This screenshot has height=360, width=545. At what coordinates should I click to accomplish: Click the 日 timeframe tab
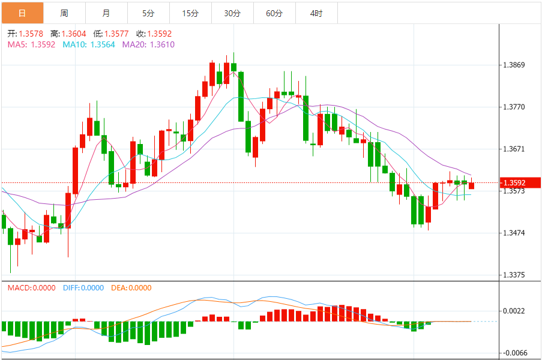[x=22, y=13]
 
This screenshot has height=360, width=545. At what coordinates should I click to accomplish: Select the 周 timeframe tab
[x=64, y=13]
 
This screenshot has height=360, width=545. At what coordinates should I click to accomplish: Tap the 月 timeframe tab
[x=106, y=13]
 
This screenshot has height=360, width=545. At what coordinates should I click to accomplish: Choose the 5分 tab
[x=148, y=13]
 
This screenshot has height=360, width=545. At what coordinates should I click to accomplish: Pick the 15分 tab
[x=190, y=13]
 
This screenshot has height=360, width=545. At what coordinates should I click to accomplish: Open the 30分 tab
[x=232, y=13]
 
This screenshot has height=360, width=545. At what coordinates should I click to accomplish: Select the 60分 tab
[x=274, y=13]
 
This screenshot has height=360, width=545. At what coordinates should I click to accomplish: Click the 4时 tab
[x=316, y=13]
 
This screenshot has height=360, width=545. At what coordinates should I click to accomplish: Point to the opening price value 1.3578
[x=31, y=34]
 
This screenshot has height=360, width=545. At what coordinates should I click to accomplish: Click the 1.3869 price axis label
[x=515, y=65]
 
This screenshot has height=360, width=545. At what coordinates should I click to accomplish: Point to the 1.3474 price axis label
[x=515, y=233]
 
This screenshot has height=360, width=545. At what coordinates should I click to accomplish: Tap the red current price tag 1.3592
[x=515, y=182]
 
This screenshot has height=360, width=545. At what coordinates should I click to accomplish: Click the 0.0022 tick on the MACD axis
[x=515, y=311]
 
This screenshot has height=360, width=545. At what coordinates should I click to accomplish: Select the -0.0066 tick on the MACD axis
[x=514, y=353]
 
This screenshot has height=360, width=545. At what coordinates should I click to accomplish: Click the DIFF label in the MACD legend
[x=83, y=288]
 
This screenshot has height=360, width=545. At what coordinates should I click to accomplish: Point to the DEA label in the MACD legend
[x=130, y=288]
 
